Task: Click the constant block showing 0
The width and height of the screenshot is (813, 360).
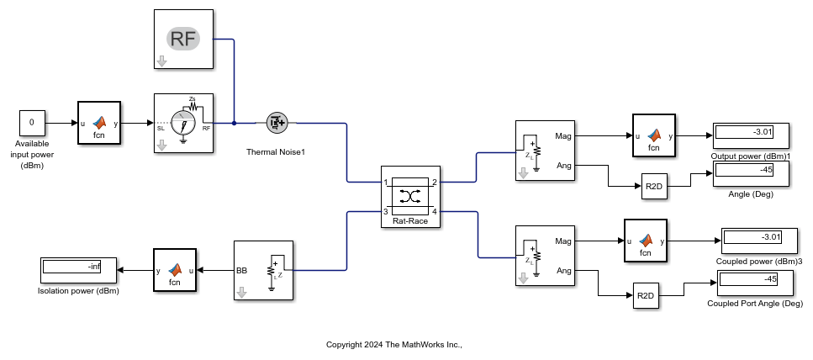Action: tap(31, 123)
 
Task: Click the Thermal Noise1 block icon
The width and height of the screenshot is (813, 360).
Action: tap(277, 123)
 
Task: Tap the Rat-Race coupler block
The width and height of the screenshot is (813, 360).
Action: tap(410, 195)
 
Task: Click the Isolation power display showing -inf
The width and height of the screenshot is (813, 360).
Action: tap(79, 270)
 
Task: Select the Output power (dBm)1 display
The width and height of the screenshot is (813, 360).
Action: tap(750, 135)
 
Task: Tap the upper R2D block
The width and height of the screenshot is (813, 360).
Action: tap(654, 188)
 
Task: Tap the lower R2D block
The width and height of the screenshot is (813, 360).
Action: tap(646, 295)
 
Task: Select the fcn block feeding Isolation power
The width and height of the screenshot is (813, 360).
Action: tap(174, 270)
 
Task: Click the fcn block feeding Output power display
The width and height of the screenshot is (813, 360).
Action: tap(654, 135)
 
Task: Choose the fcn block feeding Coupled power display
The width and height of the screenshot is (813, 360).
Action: tap(646, 241)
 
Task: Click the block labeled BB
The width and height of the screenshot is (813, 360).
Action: tap(262, 271)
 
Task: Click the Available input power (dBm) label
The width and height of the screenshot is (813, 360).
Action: tap(32, 155)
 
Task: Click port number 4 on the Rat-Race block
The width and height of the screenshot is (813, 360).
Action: tap(435, 211)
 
